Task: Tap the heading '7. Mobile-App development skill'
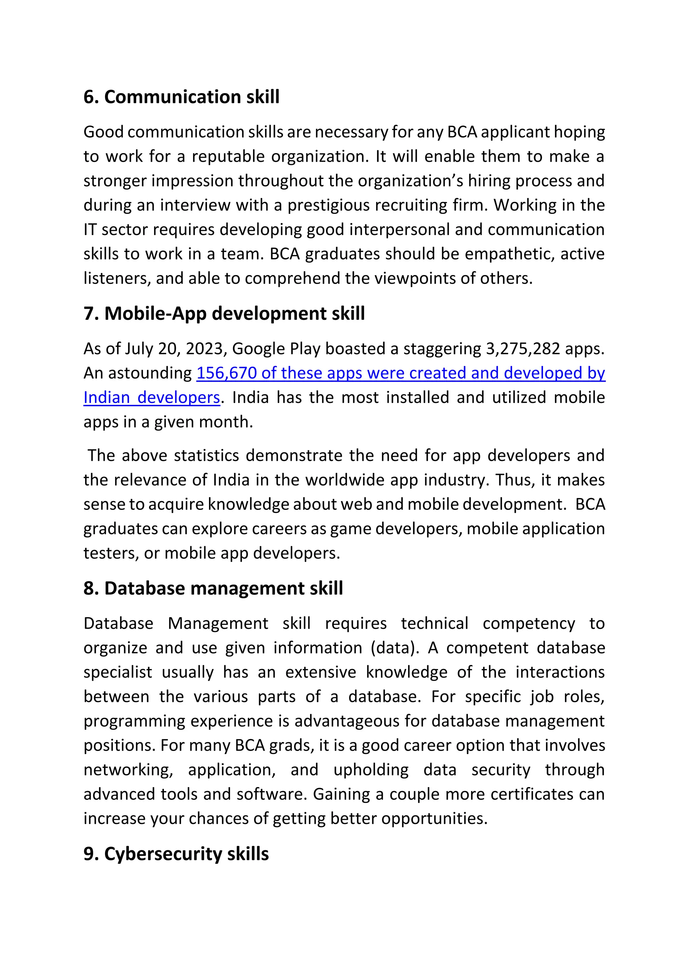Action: (224, 314)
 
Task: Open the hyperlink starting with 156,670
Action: (400, 373)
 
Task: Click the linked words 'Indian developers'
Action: (151, 398)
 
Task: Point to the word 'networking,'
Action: (128, 770)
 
